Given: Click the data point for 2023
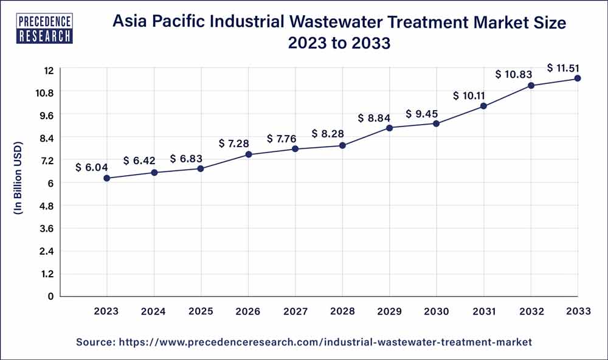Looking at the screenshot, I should pos(107,178).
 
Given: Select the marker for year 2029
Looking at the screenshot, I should pos(390,128).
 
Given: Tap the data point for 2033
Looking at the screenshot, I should pos(578,78).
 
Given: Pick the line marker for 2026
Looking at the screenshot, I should pos(249,154).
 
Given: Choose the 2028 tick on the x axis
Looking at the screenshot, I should pos(342,311).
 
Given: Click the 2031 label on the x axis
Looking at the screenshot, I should pos(484,311).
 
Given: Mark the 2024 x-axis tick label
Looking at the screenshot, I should pos(154,311).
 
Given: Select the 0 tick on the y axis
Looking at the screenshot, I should pos(50,296).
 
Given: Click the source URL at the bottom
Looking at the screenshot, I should pos(304,343).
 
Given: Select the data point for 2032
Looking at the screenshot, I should pos(531,86).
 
